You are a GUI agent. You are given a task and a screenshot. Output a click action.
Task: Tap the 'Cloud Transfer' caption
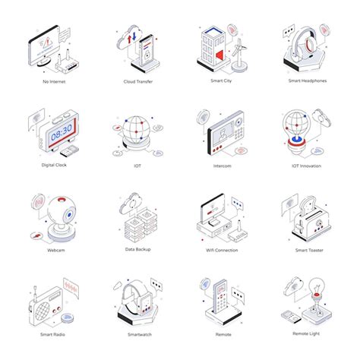138,81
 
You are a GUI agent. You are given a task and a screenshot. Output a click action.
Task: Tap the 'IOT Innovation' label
305,165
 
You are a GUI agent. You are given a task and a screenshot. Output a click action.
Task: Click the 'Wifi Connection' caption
221,250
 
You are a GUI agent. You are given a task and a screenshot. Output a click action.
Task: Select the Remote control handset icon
221,299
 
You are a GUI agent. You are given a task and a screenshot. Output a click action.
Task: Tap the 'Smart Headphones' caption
308,81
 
